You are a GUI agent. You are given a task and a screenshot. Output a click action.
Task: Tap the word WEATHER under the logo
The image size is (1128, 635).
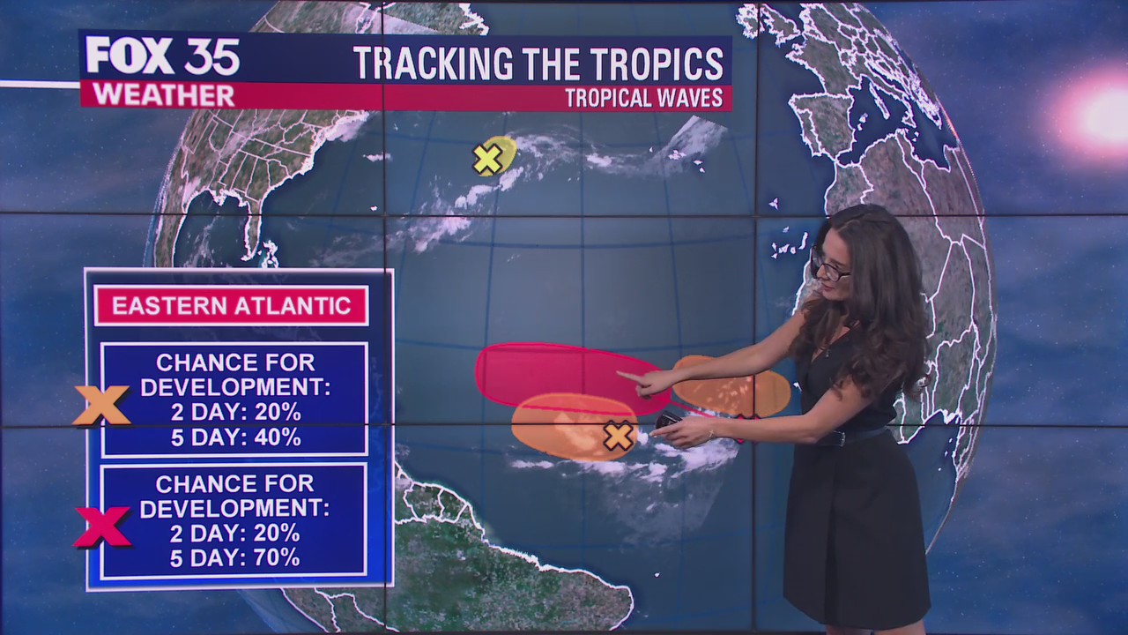(x=163, y=95)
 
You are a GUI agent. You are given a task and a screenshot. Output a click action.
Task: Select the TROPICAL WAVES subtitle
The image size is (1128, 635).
(x=643, y=98)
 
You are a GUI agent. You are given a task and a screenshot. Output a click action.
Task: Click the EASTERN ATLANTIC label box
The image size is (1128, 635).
(x=231, y=306)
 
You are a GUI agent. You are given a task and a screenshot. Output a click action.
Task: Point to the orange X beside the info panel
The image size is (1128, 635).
(x=101, y=405)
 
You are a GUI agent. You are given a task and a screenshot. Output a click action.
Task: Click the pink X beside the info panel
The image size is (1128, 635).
(x=102, y=527)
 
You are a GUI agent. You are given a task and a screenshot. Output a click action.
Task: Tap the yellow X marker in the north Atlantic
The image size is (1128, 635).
(x=487, y=159)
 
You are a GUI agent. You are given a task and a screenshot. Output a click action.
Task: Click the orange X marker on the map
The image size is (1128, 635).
(x=618, y=436)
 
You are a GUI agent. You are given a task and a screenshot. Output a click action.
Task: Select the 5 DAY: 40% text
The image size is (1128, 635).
(x=235, y=437)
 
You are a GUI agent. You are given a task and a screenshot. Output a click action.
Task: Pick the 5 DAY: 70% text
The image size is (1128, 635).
(x=235, y=557)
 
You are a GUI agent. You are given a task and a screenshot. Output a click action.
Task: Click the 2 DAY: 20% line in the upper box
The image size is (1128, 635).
(x=235, y=412)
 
